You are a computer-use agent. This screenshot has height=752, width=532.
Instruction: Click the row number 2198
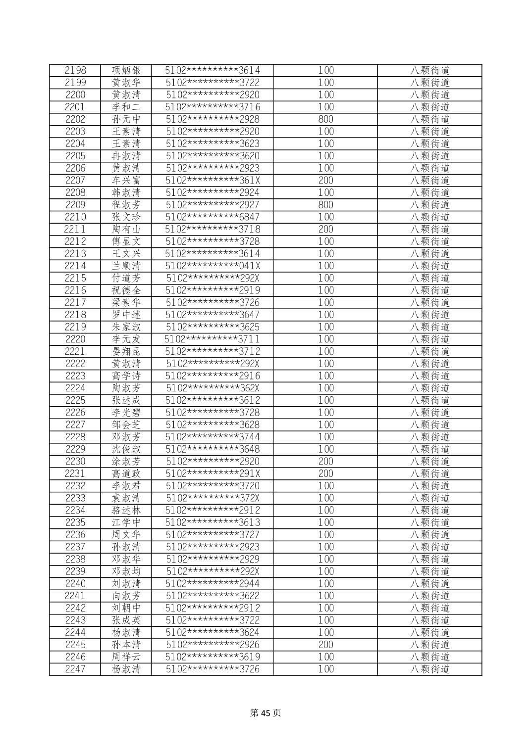tap(75, 70)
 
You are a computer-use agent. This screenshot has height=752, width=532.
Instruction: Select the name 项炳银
tap(126, 70)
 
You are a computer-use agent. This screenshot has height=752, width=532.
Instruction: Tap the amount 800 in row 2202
tap(325, 119)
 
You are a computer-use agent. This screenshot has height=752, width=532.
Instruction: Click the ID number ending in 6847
tap(213, 217)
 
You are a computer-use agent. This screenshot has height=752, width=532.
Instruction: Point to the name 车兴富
tap(126, 181)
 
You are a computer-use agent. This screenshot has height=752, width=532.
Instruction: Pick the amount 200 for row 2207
tap(325, 181)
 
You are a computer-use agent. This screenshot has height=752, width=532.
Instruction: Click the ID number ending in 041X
tap(213, 266)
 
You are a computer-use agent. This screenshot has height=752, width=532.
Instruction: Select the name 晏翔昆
tap(126, 352)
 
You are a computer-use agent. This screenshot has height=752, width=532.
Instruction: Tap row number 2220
tap(75, 339)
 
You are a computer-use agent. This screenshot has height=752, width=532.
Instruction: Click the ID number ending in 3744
tap(213, 437)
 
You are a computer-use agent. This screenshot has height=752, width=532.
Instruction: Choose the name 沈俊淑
tap(126, 449)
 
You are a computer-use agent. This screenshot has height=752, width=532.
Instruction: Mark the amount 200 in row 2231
tap(325, 474)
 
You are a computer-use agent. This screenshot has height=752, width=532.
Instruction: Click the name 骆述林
tap(126, 511)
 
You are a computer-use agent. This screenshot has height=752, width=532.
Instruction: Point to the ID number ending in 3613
tap(213, 523)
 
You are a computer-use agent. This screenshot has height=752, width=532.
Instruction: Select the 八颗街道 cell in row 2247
tap(429, 669)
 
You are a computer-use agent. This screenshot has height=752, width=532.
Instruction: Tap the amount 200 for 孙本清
tap(325, 645)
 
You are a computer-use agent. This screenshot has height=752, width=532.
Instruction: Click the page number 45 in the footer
tap(266, 713)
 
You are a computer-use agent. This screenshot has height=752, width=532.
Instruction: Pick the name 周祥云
tap(126, 657)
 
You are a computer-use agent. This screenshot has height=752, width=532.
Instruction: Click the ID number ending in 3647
tap(213, 315)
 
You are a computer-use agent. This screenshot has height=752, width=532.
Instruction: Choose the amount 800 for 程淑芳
tap(325, 205)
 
